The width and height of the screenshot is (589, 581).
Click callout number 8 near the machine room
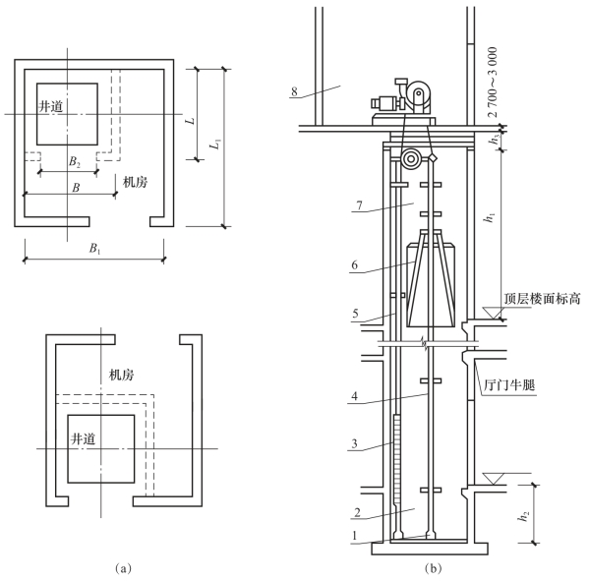[294, 91]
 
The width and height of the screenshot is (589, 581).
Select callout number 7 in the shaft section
[359, 205]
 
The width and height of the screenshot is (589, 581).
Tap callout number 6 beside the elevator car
[354, 265]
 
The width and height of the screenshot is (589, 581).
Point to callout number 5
[355, 314]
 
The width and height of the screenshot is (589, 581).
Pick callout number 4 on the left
[355, 396]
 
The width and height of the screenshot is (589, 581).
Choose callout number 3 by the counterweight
[354, 443]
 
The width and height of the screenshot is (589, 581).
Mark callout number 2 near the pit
[357, 512]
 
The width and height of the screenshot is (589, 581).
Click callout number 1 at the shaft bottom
[354, 536]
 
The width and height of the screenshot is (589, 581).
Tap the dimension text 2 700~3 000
[493, 83]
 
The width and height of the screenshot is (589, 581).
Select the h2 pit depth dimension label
[523, 516]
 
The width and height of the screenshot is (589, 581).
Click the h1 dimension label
[491, 217]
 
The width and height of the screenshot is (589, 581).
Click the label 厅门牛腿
[508, 385]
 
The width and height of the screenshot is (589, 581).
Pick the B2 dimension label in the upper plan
[75, 162]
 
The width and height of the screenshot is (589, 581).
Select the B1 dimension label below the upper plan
[94, 249]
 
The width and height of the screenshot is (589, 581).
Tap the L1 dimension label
[215, 145]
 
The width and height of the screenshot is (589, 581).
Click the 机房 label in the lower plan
[121, 375]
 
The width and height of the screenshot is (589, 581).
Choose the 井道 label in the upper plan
[51, 106]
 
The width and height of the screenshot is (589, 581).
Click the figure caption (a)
[123, 568]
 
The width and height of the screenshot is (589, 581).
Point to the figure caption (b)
[433, 568]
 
